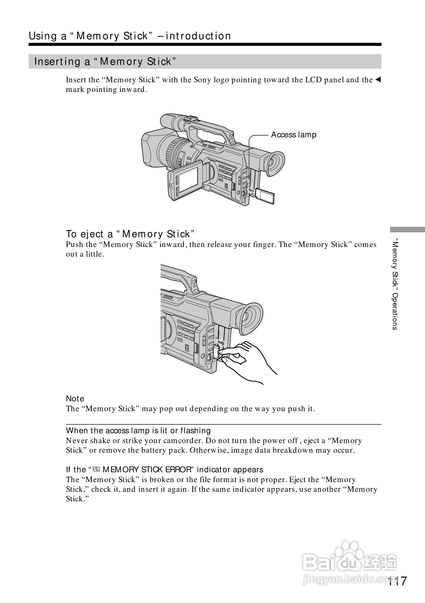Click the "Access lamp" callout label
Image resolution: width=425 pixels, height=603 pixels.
[293, 135]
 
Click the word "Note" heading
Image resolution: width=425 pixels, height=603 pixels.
[75, 399]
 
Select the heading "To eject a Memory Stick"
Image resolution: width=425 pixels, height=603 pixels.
[130, 234]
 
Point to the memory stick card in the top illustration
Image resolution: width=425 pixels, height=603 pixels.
[265, 196]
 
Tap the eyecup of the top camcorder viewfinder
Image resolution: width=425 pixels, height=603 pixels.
[275, 164]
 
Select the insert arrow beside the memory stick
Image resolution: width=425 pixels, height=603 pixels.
[251, 189]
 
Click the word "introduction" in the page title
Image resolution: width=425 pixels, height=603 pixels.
[198, 36]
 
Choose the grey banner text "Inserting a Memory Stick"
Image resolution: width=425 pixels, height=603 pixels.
[105, 62]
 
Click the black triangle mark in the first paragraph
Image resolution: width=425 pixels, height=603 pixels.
[378, 79]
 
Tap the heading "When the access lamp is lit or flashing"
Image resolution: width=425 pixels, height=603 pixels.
[138, 430]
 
